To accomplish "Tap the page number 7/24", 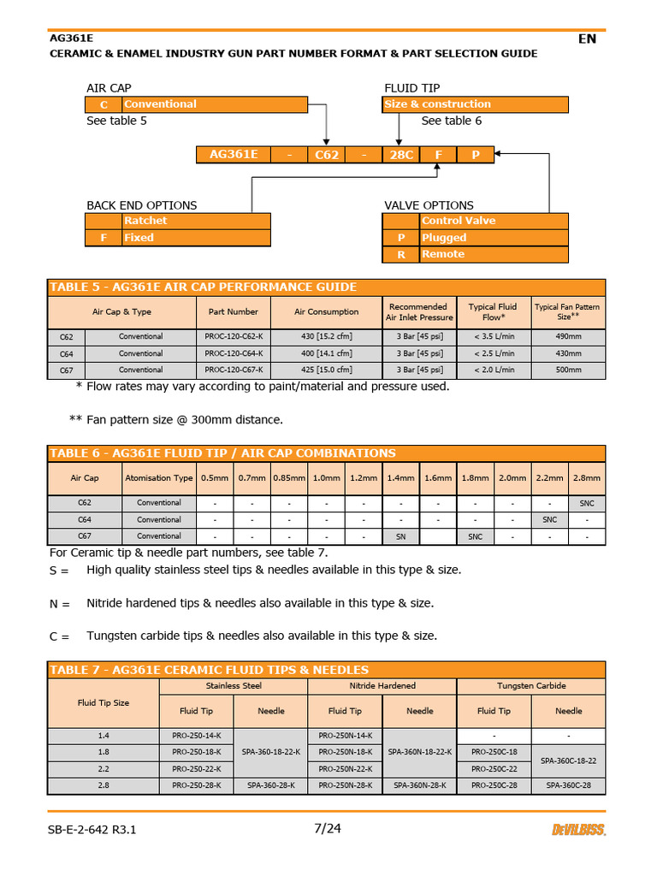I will point(328,828).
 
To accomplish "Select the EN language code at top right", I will point(587,38).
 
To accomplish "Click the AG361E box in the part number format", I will point(234,155).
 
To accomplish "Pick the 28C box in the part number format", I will point(401,155).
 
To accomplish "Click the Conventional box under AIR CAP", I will point(214,104).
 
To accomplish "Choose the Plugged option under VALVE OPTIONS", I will point(494,238).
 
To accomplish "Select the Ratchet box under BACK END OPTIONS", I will point(196,221).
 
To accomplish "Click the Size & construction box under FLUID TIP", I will point(475,104).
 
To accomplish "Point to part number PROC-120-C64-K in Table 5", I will point(234,353).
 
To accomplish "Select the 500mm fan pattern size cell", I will point(568,370).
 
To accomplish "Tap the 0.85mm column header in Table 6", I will point(288,478).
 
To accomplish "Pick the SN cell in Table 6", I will point(400,536).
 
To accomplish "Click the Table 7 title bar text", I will point(210,670).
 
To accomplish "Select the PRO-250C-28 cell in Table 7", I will point(494,785).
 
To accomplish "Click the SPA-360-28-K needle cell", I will point(270,785).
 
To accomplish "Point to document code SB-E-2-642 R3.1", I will point(93,830).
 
